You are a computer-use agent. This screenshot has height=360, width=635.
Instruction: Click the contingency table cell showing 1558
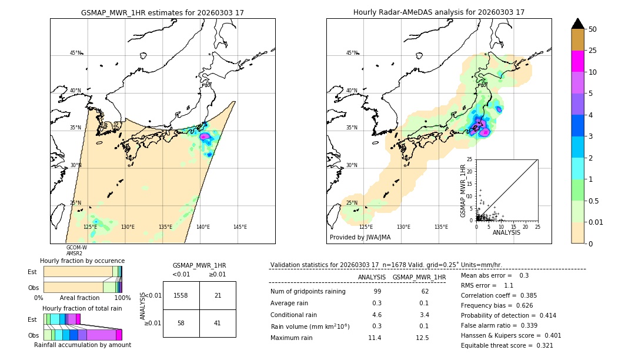[x=181, y=295]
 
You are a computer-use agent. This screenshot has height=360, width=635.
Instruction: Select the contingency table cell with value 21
[x=218, y=295]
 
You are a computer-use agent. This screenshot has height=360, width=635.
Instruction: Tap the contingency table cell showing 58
[x=181, y=323]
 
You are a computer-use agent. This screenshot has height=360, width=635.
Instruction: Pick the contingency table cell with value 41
[x=218, y=323]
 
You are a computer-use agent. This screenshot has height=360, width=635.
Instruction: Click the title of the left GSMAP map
[x=162, y=12]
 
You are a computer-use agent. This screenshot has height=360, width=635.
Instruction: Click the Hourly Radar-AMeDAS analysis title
[x=439, y=12]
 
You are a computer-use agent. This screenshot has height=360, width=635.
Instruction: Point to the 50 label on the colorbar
[x=593, y=29]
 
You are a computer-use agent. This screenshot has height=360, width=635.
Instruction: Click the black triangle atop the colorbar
[x=578, y=24]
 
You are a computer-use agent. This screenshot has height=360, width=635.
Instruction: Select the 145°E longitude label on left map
[x=240, y=227]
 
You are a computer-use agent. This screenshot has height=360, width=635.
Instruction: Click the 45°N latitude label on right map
[x=352, y=53]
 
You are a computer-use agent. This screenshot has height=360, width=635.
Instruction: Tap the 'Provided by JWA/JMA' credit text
[x=360, y=237]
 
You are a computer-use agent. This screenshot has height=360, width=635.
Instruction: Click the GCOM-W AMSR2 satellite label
[x=76, y=250]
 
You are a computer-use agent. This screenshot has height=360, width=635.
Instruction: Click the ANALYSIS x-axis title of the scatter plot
[x=507, y=232]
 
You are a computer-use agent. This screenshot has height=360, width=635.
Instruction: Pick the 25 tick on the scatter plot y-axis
[x=470, y=159]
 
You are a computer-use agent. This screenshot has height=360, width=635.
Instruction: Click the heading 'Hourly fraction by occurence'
[x=82, y=261]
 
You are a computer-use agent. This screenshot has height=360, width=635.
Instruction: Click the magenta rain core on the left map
[x=205, y=136]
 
